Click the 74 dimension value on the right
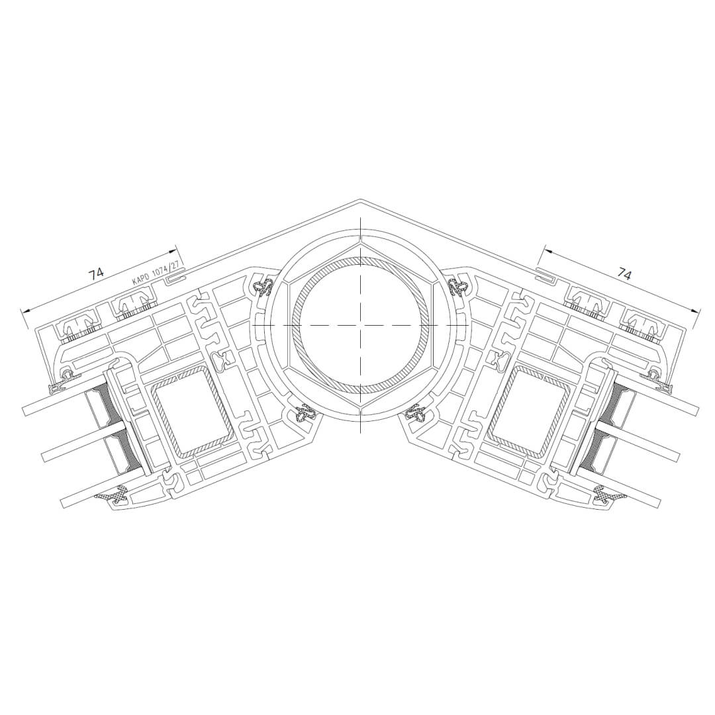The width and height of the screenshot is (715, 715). (625, 274)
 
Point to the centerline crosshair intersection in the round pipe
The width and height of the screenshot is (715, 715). (359, 324)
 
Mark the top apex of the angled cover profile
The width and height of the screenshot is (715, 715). (359, 199)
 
